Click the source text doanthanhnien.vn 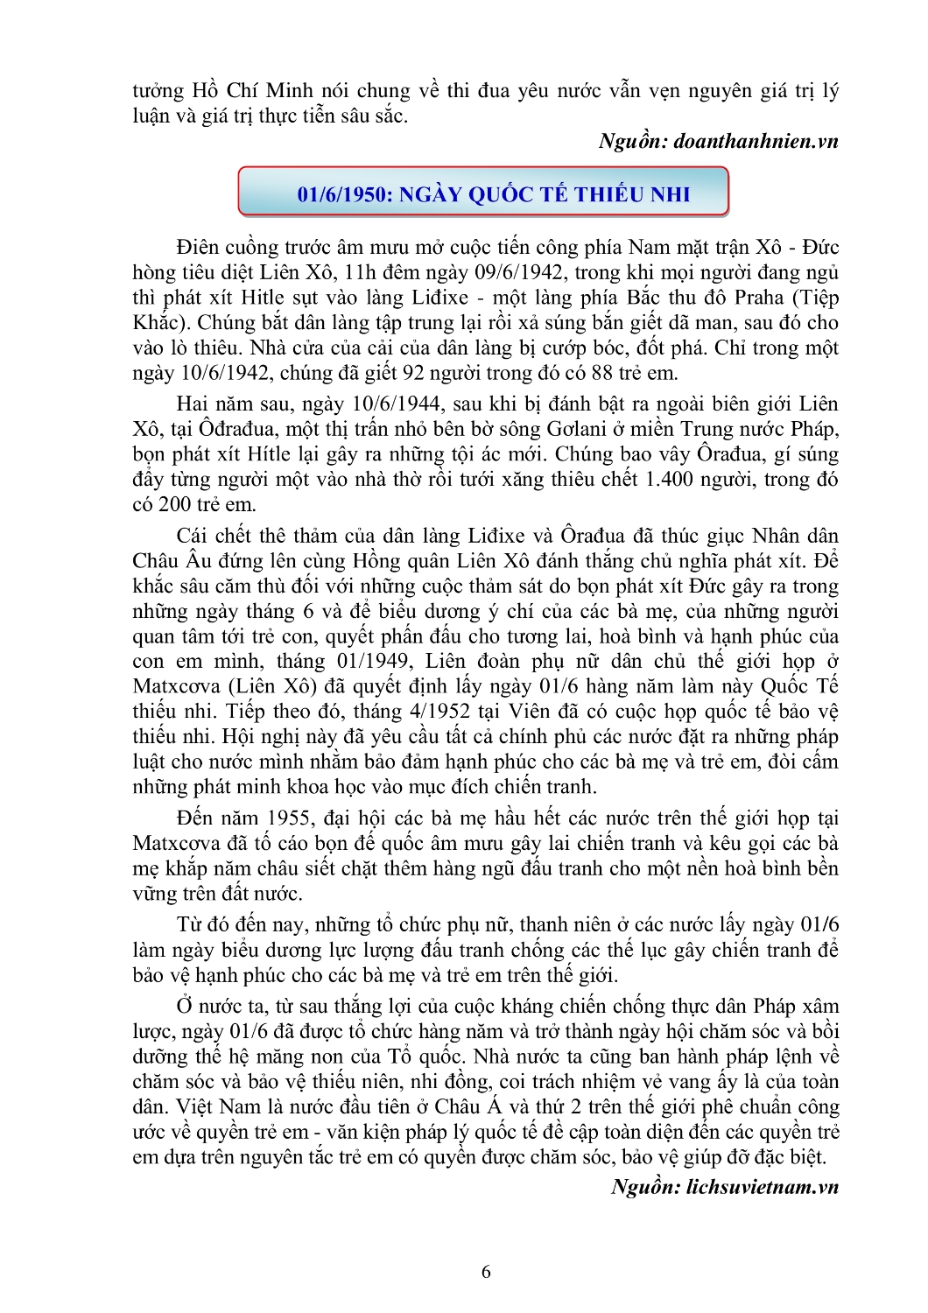[756, 141]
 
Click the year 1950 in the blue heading [361, 194]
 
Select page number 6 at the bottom [487, 1272]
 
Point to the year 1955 [290, 818]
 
